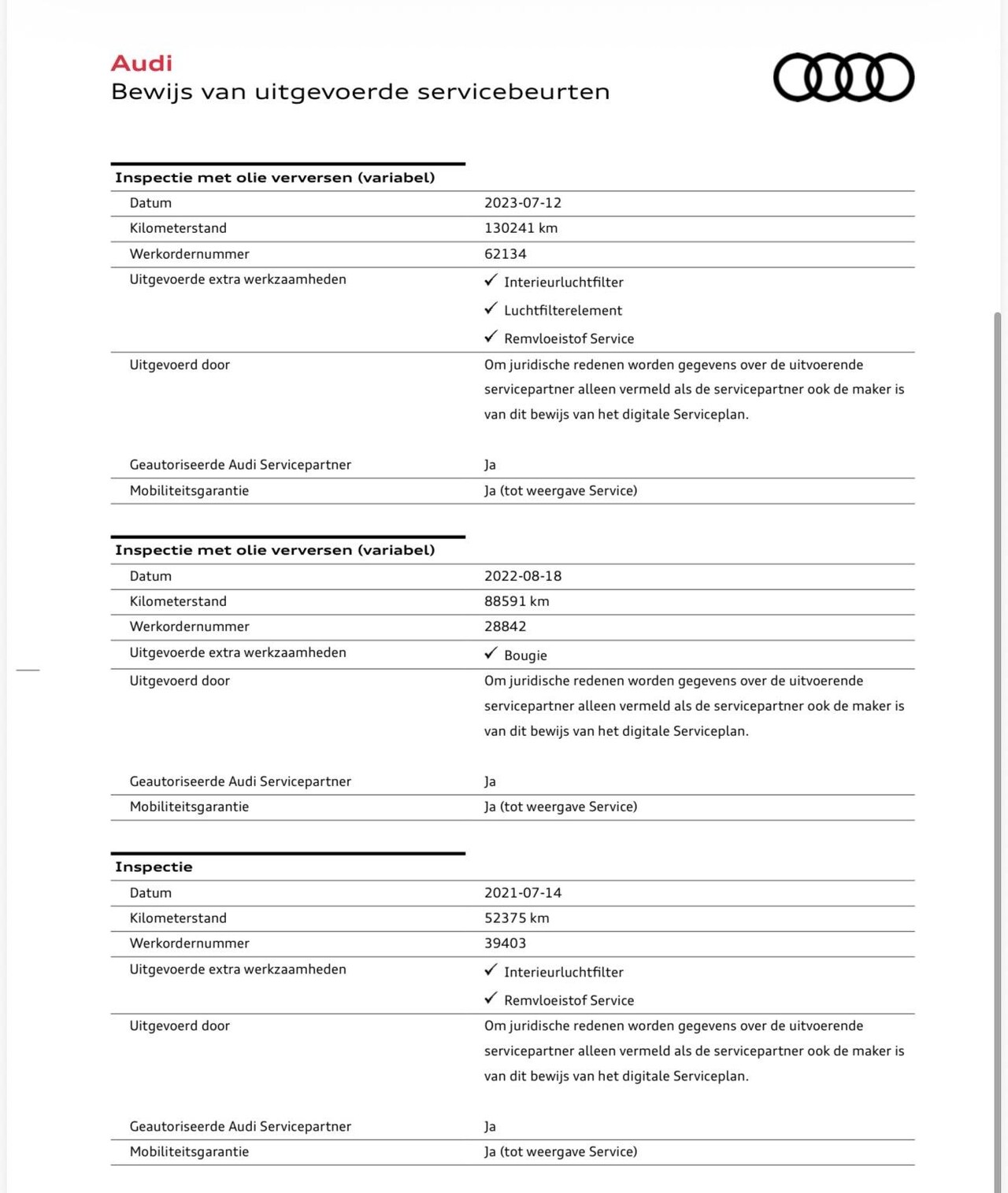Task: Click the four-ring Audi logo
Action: [843, 77]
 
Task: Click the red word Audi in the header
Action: [142, 63]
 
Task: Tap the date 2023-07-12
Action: [523, 203]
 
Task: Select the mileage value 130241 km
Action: [521, 228]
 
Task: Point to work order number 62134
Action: [505, 254]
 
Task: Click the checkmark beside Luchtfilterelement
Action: [491, 308]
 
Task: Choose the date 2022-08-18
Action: [523, 576]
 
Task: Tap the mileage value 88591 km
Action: [517, 601]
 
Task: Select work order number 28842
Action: [505, 626]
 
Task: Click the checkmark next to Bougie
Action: [491, 653]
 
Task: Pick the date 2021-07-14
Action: [523, 893]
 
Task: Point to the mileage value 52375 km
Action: [517, 918]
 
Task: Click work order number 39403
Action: [505, 944]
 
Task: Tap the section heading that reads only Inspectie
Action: [154, 867]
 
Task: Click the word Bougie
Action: [525, 656]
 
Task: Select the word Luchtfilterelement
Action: [563, 311]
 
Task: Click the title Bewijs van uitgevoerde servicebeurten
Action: [360, 92]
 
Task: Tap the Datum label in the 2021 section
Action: [150, 893]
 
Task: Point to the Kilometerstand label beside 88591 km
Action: [178, 601]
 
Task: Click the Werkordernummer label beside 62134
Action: [189, 254]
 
